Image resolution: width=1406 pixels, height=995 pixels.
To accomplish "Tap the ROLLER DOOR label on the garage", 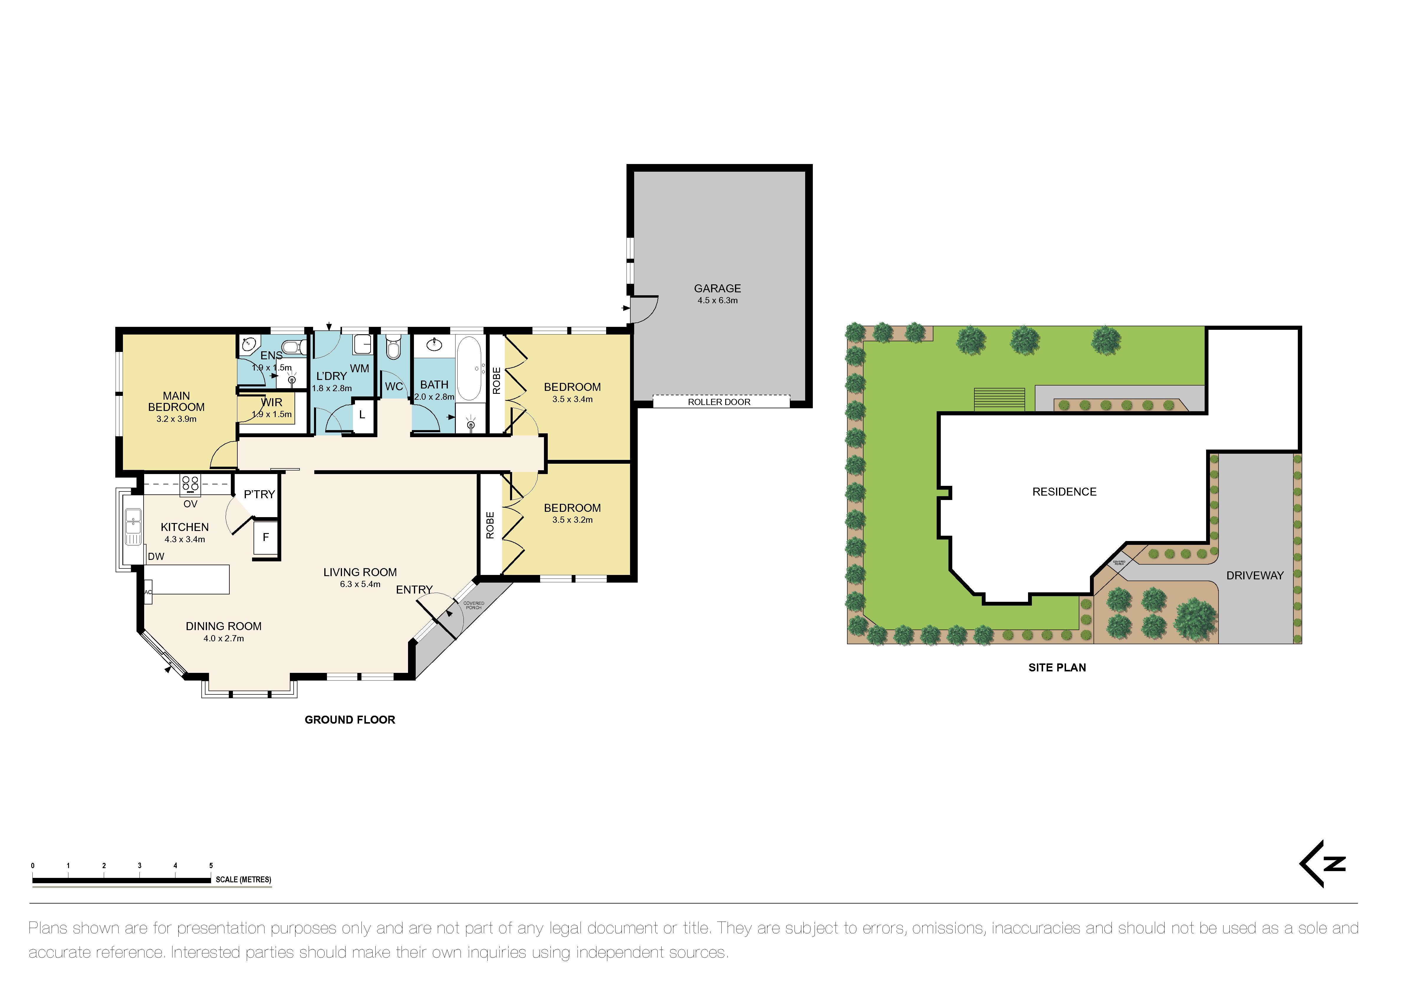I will click(719, 402).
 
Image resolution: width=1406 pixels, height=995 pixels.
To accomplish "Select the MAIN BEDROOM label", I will click(176, 401).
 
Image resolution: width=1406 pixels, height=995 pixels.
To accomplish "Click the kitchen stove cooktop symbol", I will click(190, 485).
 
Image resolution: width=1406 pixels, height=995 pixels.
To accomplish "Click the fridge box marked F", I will click(266, 537).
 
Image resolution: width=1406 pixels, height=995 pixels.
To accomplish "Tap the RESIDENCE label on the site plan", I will click(1064, 491).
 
